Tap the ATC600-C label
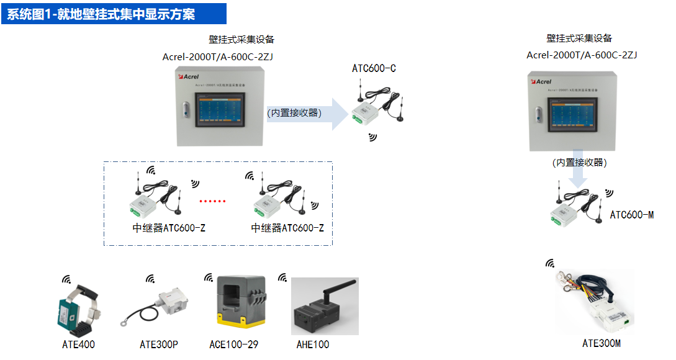tap(374, 68)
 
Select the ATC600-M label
tap(631, 215)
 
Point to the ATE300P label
tap(159, 344)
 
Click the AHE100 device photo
tap(325, 306)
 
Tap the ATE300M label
tap(601, 343)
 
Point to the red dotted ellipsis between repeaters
tap(212, 201)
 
